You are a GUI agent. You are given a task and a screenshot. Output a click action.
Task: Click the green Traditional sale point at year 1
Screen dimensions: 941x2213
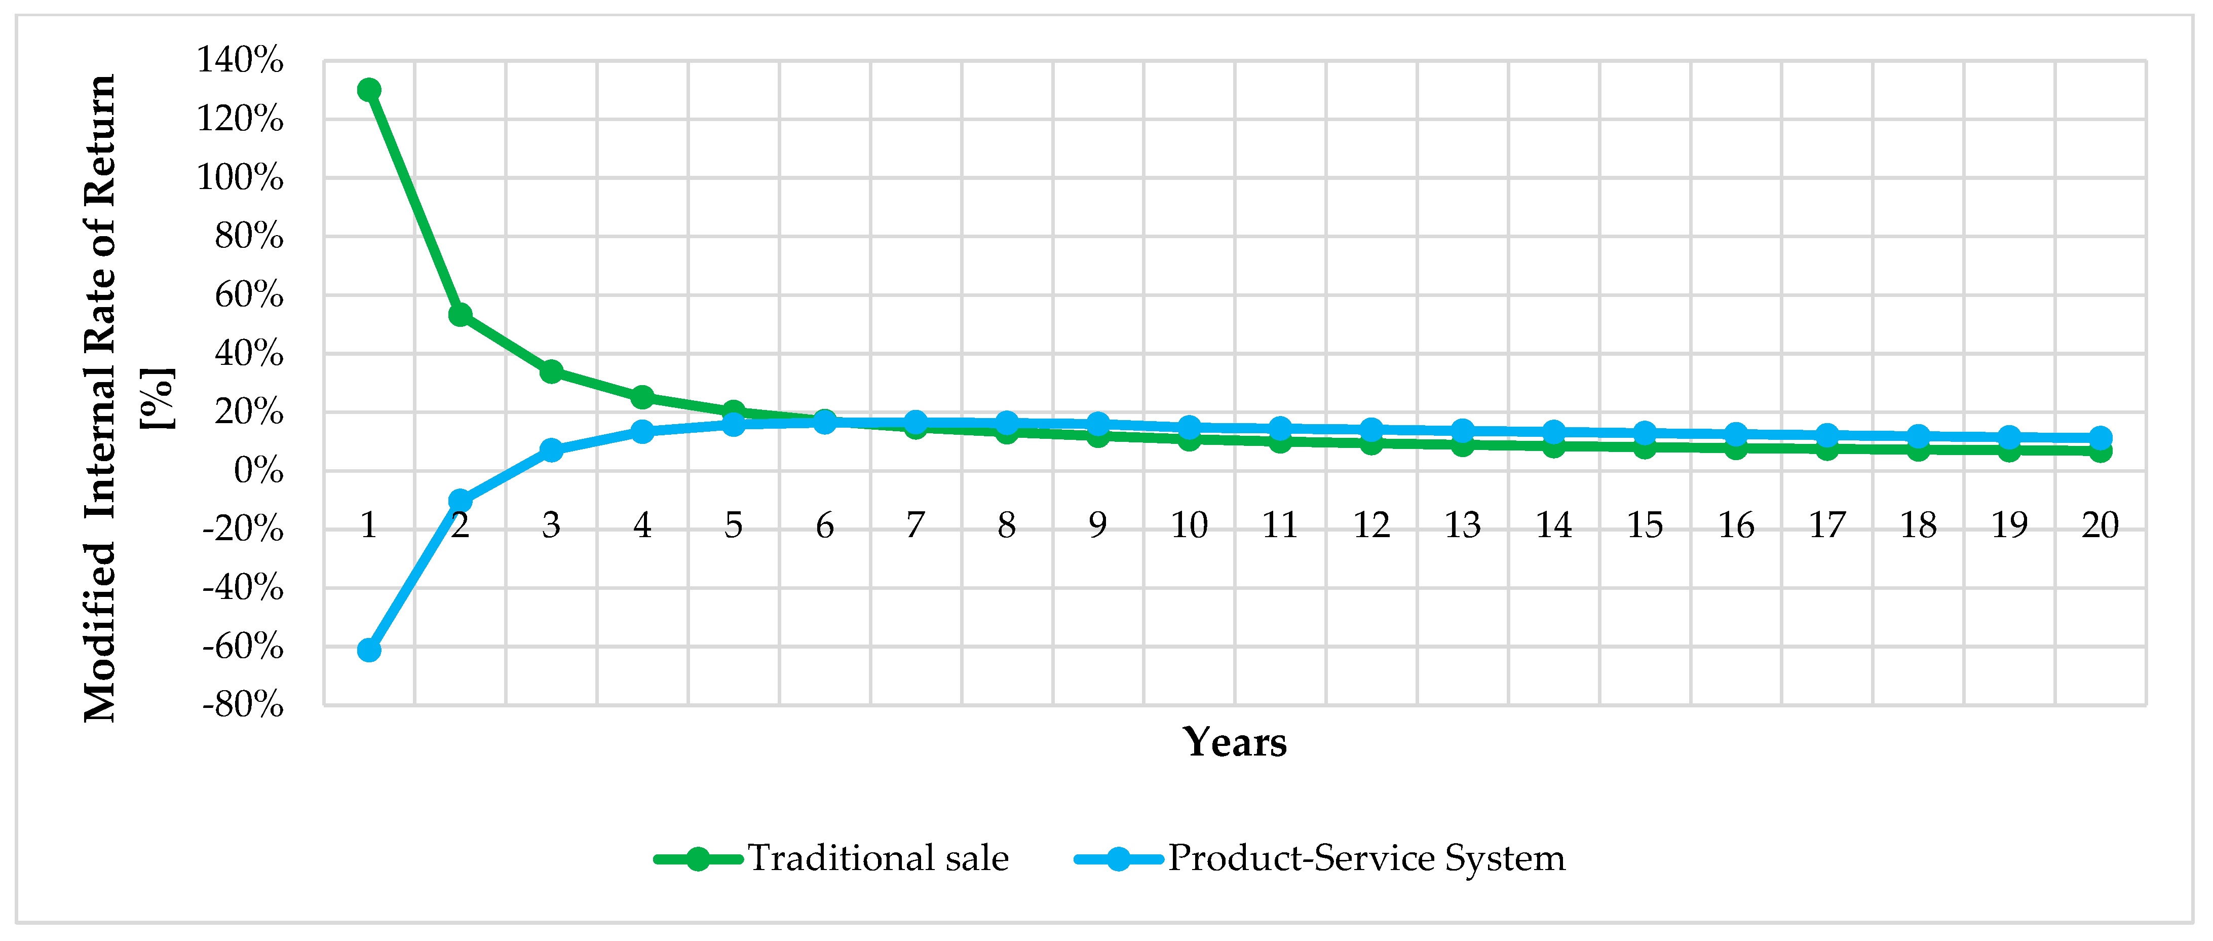click(368, 89)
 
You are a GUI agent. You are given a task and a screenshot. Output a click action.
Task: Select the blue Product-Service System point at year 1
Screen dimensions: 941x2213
click(368, 650)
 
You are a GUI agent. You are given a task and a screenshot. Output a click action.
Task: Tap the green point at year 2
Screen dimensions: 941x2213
click(460, 315)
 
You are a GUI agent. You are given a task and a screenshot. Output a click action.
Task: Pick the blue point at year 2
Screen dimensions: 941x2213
click(460, 500)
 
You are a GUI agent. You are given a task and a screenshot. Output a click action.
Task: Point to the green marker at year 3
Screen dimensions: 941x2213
click(551, 371)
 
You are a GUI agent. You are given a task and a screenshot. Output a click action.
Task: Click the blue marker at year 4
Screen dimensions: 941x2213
click(642, 431)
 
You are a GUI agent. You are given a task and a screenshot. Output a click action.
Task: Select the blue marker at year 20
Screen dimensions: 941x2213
click(2100, 437)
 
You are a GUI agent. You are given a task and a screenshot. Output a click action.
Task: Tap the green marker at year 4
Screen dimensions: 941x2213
click(642, 397)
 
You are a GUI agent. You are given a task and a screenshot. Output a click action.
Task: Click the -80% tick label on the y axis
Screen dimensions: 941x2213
click(242, 705)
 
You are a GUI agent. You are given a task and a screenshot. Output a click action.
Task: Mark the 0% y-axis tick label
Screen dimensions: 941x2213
click(258, 470)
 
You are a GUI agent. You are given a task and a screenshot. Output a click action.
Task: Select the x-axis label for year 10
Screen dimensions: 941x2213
click(1189, 525)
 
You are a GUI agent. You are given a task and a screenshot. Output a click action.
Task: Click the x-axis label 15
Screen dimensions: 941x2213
click(1644, 525)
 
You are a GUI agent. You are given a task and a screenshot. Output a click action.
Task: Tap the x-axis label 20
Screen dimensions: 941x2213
click(2100, 525)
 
